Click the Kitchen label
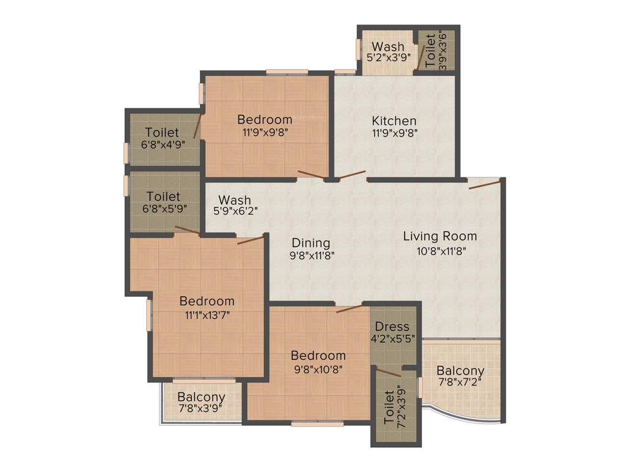(394, 121)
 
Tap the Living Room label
(440, 236)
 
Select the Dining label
(311, 243)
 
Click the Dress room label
(392, 326)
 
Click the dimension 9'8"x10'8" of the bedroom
(318, 369)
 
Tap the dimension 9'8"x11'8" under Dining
(312, 256)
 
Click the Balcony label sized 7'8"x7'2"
(460, 371)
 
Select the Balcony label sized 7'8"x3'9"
(201, 397)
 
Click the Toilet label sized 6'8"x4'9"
(162, 132)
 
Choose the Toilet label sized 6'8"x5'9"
(163, 196)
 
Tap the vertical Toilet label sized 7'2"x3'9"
(389, 409)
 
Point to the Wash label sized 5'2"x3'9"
(388, 47)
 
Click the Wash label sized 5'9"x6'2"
(235, 200)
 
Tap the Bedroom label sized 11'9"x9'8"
(265, 119)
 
